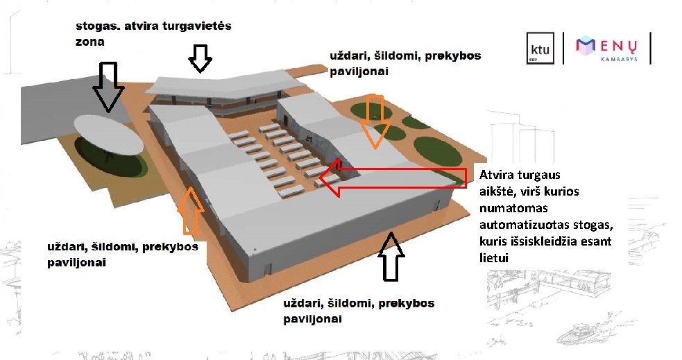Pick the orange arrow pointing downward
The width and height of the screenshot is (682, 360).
coord(375,119)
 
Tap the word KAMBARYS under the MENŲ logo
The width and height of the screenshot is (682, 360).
coord(620,60)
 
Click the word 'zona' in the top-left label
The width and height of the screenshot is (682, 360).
coord(90,41)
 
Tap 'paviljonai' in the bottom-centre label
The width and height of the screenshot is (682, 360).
coord(313,320)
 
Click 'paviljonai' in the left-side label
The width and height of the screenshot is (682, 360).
coord(76,263)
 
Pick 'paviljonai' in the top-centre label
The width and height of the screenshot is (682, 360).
coord(359,70)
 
